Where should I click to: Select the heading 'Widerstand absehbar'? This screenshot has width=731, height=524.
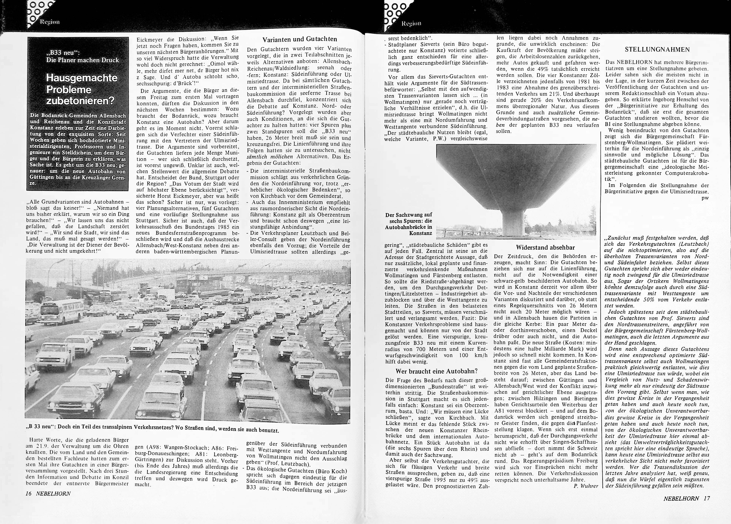545,248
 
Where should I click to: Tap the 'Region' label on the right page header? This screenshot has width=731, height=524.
411,23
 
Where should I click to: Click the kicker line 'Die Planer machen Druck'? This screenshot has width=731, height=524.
82,60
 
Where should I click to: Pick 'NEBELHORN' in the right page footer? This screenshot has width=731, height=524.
681,498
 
